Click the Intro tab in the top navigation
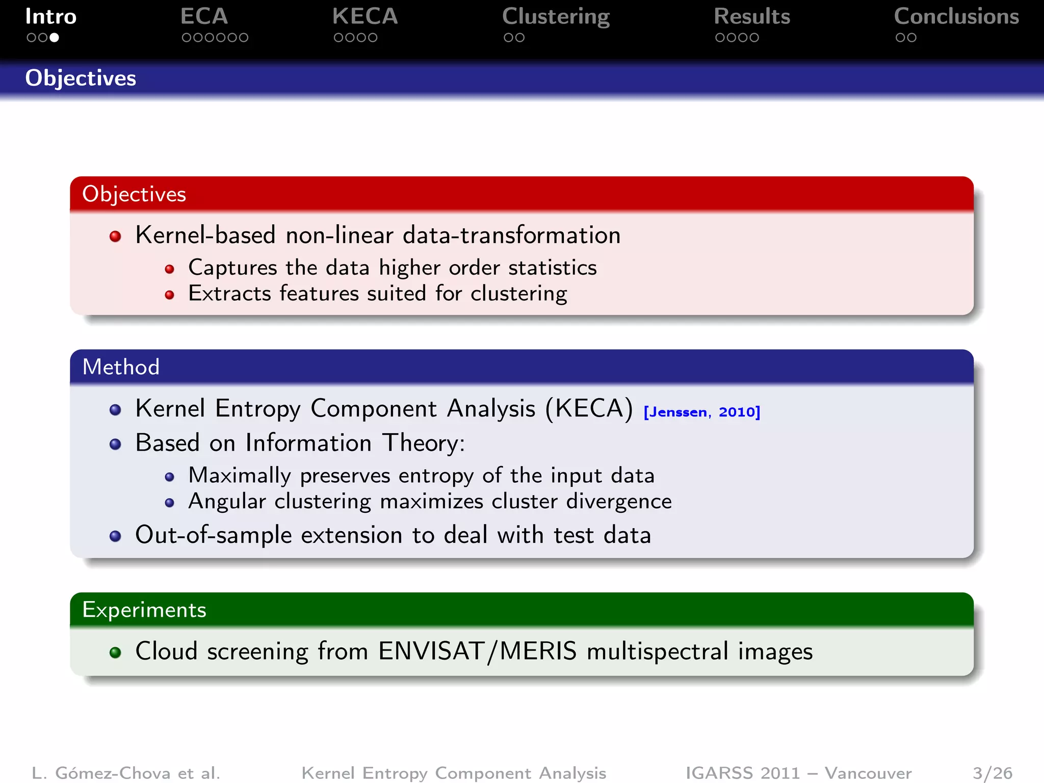[51, 17]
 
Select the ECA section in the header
[204, 17]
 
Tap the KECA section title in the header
[365, 17]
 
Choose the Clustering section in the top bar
[556, 17]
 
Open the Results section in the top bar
[752, 17]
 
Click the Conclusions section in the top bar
[956, 17]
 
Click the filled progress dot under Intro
[54, 38]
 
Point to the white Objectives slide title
[81, 79]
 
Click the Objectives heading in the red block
[134, 194]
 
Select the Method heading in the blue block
[121, 367]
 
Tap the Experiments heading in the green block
[144, 610]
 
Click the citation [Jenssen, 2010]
[701, 412]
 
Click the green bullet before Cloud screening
[116, 652]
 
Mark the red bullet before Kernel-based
[116, 237]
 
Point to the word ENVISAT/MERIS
[478, 651]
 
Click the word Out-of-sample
[214, 535]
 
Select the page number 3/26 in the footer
[992, 773]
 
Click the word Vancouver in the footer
[868, 773]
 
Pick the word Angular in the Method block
[227, 502]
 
